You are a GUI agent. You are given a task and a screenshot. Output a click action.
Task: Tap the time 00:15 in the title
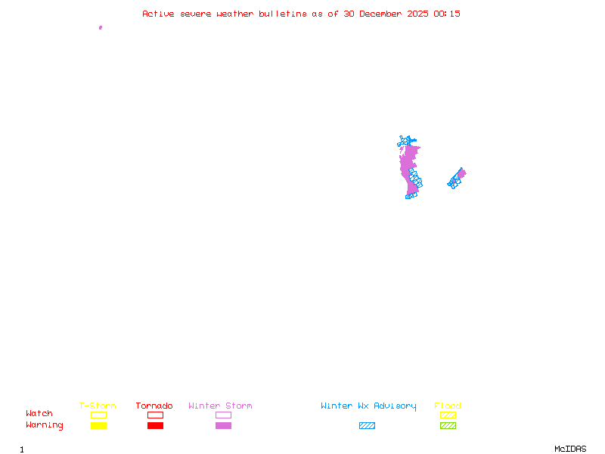[x=448, y=14]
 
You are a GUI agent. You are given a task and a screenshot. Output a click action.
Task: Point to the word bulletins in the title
[x=283, y=14]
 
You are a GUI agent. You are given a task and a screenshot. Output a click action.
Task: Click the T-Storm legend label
[x=98, y=406]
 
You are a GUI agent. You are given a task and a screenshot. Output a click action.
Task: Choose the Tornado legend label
[x=154, y=406]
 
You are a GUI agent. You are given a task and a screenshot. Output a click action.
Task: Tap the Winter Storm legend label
[x=220, y=406]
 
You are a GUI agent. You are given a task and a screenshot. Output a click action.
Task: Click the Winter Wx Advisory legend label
[x=368, y=406]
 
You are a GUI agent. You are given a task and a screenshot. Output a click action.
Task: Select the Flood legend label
[x=448, y=406]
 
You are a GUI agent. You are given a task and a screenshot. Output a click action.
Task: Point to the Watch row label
[x=39, y=414]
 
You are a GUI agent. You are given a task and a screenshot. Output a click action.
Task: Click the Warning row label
[x=45, y=425]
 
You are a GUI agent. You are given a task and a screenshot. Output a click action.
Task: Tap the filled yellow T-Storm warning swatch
[x=98, y=425]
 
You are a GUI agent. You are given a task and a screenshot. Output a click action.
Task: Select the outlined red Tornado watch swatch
[x=155, y=415]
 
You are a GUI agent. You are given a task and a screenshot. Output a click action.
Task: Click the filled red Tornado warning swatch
[x=155, y=425]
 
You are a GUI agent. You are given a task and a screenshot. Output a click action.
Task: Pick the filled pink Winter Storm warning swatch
[x=223, y=425]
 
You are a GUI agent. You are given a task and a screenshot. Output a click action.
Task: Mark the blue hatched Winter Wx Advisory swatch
[x=367, y=425]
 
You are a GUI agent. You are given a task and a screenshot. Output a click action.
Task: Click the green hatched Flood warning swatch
[x=448, y=425]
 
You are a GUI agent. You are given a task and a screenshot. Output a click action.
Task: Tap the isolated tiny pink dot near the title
[x=101, y=27]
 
